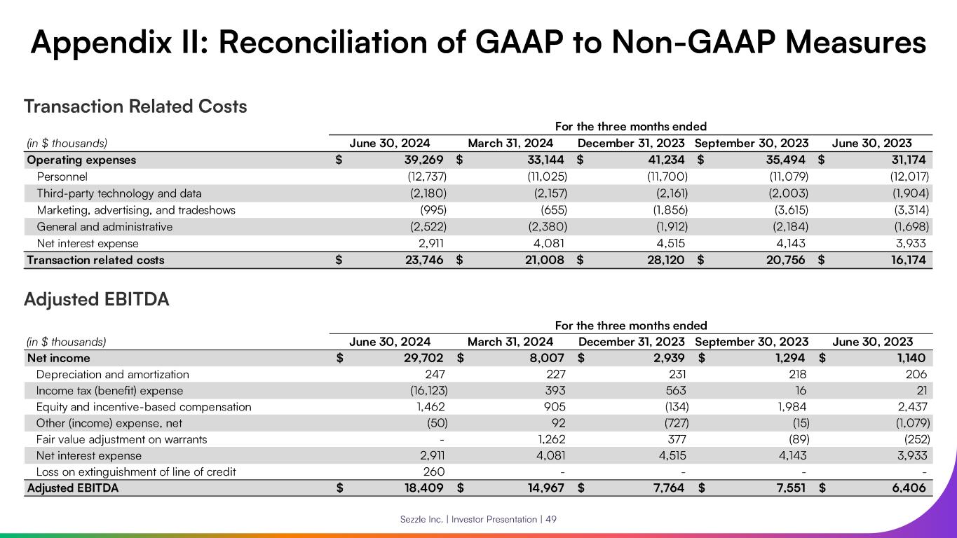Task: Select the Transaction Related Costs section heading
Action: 135,106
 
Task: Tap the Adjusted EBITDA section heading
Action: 97,300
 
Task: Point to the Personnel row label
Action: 62,177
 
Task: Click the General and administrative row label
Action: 104,227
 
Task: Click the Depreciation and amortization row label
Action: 113,374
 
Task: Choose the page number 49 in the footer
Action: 552,519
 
